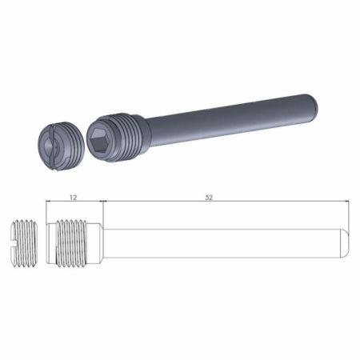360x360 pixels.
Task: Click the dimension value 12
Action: tap(74, 198)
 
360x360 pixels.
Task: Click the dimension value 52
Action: tap(209, 198)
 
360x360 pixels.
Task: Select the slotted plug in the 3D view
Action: tap(62, 146)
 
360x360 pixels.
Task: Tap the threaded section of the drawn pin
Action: tap(71, 243)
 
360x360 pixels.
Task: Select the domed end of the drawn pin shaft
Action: tap(346, 243)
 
